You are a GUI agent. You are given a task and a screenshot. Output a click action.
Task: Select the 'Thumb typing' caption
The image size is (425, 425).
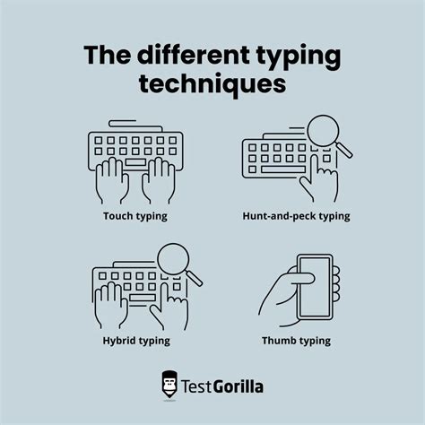(x=297, y=340)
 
